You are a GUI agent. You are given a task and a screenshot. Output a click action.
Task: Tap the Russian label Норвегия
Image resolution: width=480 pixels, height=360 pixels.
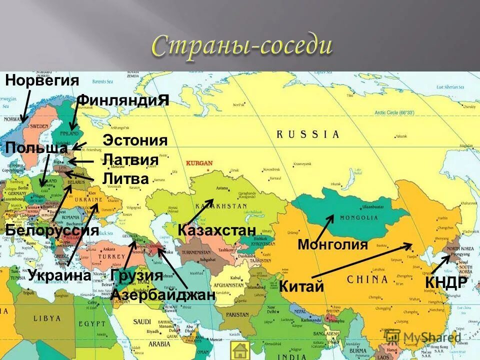pos(42,80)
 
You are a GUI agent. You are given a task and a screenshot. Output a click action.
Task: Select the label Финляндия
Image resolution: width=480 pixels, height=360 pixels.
pos(123,100)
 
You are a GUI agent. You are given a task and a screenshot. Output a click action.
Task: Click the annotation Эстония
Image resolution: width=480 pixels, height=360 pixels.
pos(135,140)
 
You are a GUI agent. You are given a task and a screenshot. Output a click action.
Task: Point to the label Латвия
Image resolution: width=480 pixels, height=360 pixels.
pos(130,160)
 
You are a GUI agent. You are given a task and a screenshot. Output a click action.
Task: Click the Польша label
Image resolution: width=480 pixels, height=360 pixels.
pos(36,148)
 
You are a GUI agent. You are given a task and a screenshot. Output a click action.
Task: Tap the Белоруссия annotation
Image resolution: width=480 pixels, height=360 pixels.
pos(52,230)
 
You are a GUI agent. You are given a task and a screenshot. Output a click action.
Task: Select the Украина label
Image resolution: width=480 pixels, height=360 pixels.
pos(59,275)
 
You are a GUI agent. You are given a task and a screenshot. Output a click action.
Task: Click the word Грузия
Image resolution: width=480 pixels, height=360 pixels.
pos(136,275)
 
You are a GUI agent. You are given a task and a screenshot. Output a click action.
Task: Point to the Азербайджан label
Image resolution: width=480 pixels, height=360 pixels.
pos(163,294)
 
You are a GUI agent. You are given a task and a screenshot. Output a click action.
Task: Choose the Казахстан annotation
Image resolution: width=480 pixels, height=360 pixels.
pos(216,230)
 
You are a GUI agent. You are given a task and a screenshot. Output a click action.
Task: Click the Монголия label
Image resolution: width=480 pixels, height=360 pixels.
pos(332,244)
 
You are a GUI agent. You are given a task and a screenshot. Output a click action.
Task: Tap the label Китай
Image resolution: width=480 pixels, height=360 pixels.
pos(301,286)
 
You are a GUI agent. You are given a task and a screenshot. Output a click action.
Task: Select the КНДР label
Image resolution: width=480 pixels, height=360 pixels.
pos(446,282)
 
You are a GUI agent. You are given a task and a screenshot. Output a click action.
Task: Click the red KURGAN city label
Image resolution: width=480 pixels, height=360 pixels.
pos(199,163)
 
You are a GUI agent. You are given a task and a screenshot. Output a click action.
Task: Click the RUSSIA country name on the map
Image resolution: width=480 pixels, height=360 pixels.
pos(307,134)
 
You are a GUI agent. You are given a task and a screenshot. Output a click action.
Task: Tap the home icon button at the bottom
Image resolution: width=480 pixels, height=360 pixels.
pos(240,350)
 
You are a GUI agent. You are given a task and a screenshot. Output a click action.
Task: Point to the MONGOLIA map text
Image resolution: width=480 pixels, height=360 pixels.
pos(359,217)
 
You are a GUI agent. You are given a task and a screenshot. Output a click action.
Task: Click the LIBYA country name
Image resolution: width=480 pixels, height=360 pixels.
pos(47,318)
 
